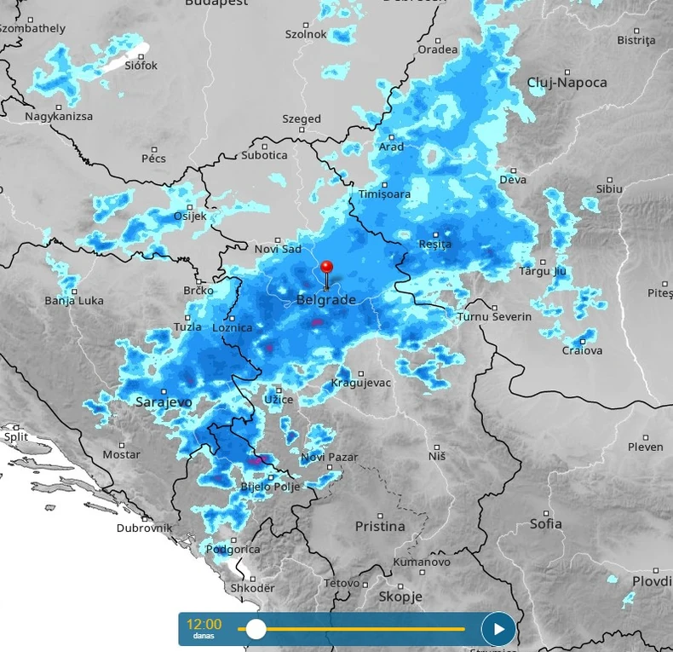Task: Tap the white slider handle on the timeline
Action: [256, 630]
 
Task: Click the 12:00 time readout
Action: [204, 624]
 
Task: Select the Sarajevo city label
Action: [164, 401]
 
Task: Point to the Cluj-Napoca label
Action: [567, 83]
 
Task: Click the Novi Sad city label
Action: [278, 249]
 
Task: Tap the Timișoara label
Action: [384, 194]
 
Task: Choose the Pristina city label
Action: [380, 526]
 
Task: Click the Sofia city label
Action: [545, 523]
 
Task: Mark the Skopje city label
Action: [400, 597]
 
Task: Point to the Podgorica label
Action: [233, 550]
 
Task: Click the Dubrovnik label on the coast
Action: [144, 528]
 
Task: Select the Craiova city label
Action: [582, 350]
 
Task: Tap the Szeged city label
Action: [302, 119]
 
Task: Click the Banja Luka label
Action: [74, 300]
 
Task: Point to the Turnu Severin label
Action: [494, 317]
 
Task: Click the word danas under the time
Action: [203, 637]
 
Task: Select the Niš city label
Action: [437, 456]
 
